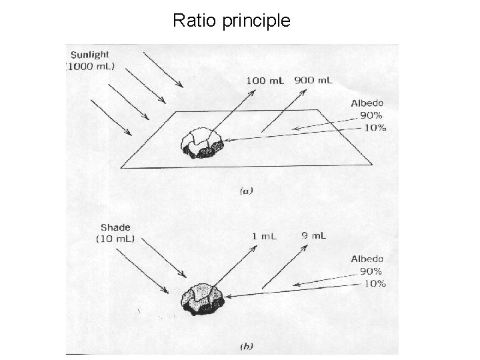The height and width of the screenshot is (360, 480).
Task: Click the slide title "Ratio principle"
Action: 231,21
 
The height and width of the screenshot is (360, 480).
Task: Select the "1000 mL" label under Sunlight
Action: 92,67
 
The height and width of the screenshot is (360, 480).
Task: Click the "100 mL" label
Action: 265,81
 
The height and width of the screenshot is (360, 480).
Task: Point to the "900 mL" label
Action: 313,81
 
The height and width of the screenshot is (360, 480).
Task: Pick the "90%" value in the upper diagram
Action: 372,115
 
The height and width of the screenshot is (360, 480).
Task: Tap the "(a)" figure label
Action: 245,191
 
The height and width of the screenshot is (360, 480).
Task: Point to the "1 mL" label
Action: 265,235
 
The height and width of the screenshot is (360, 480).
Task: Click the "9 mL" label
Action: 314,235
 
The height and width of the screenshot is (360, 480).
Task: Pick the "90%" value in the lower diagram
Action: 371,271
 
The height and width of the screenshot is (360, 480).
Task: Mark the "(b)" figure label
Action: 246,346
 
